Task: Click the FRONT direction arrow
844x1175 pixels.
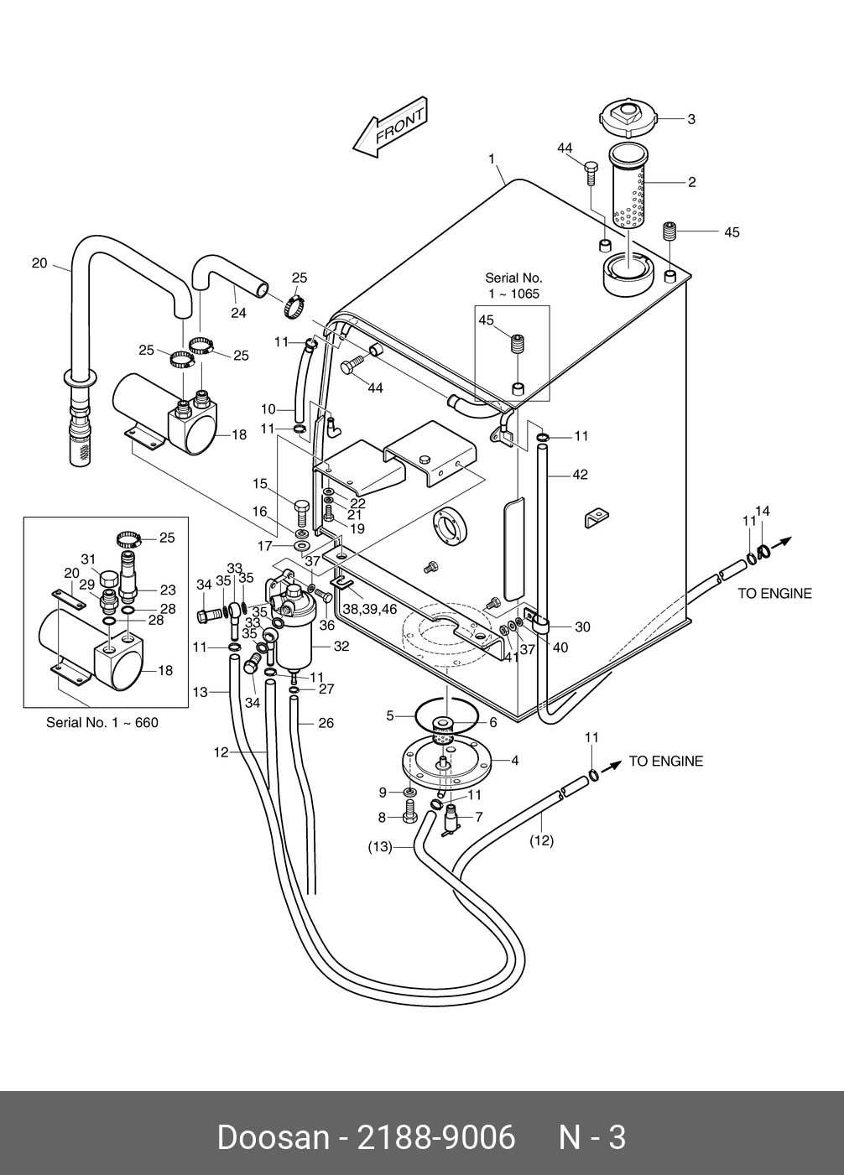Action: (391, 127)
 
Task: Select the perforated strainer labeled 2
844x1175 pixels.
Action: (628, 187)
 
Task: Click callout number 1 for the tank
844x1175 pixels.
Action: (492, 159)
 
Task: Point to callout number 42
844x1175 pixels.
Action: (580, 475)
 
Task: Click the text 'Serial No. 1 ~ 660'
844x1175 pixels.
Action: (102, 723)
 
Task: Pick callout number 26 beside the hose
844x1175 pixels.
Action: (326, 723)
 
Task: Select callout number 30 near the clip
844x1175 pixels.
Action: (582, 626)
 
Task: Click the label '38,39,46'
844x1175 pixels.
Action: (370, 609)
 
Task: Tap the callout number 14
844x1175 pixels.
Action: (763, 511)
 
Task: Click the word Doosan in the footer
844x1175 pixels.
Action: (274, 1138)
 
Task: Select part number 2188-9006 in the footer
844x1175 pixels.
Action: (436, 1138)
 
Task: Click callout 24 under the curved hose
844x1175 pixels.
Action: (239, 313)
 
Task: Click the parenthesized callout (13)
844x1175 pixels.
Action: (380, 846)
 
